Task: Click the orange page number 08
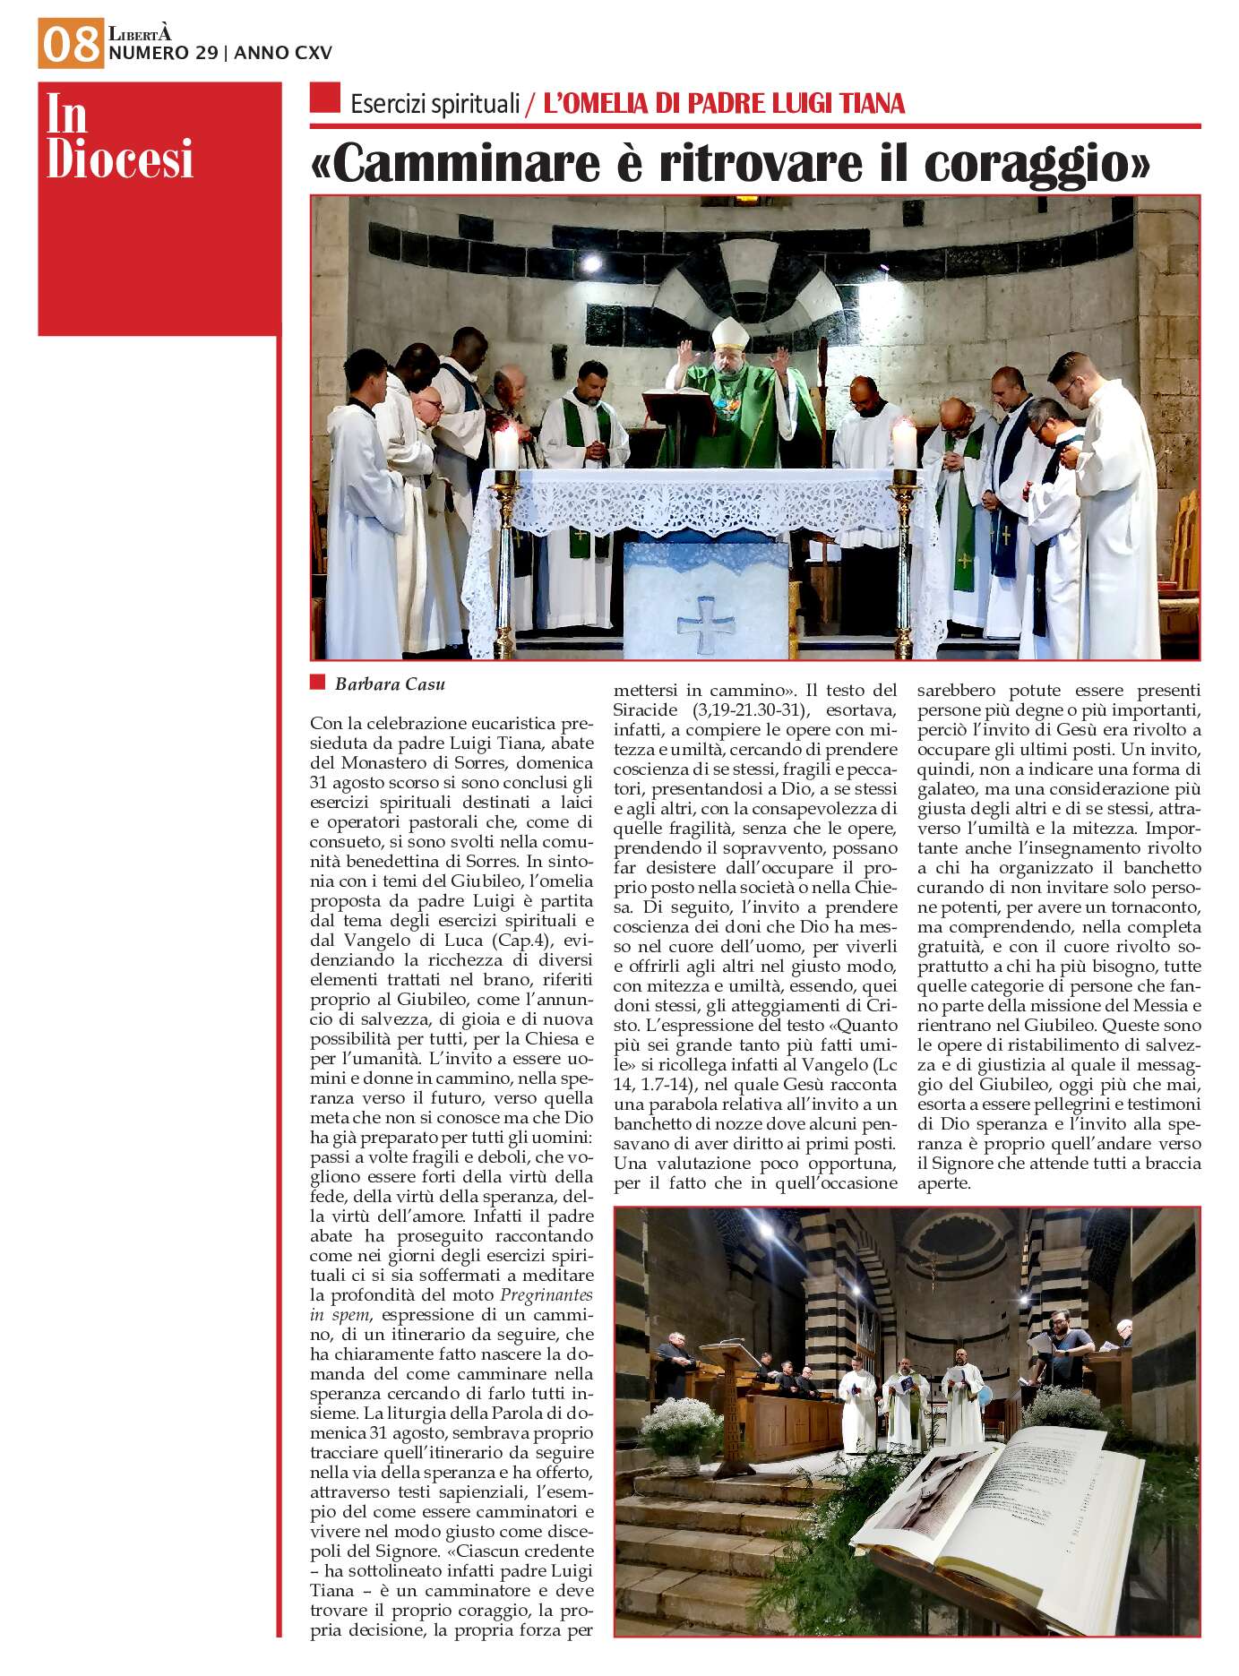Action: pos(71,44)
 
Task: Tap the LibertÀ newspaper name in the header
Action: pos(139,34)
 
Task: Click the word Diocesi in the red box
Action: pos(120,159)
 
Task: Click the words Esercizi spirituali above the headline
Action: pos(435,105)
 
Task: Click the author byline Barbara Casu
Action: pos(390,684)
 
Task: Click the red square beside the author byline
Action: pos(317,683)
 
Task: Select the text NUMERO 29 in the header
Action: pos(162,54)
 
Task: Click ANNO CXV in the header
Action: pos(283,54)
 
